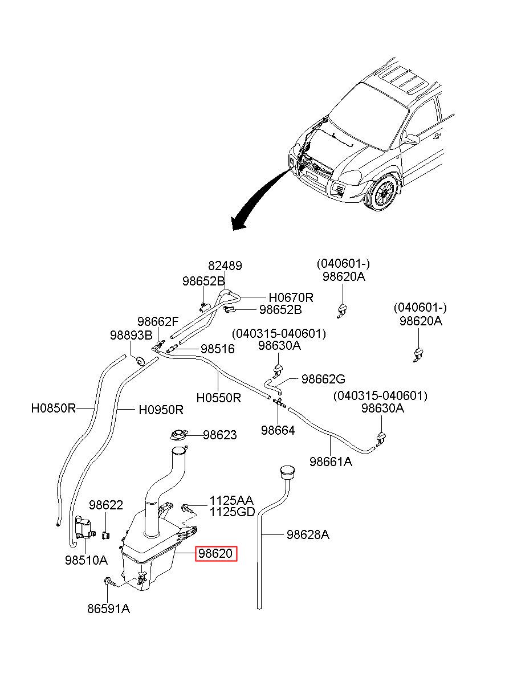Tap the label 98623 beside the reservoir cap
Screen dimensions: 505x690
(219, 435)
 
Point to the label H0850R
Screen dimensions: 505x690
(54, 408)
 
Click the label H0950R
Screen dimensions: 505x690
(161, 410)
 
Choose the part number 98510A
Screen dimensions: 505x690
(86, 560)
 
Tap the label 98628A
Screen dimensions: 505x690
(308, 535)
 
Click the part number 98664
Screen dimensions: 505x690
(278, 430)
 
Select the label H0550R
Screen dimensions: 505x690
(218, 398)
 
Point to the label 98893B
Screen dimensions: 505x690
(131, 336)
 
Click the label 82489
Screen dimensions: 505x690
(225, 266)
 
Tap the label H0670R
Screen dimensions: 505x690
(291, 297)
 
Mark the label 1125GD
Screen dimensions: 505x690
(233, 512)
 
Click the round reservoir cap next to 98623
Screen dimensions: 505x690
(178, 435)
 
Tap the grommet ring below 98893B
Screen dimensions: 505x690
(141, 360)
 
